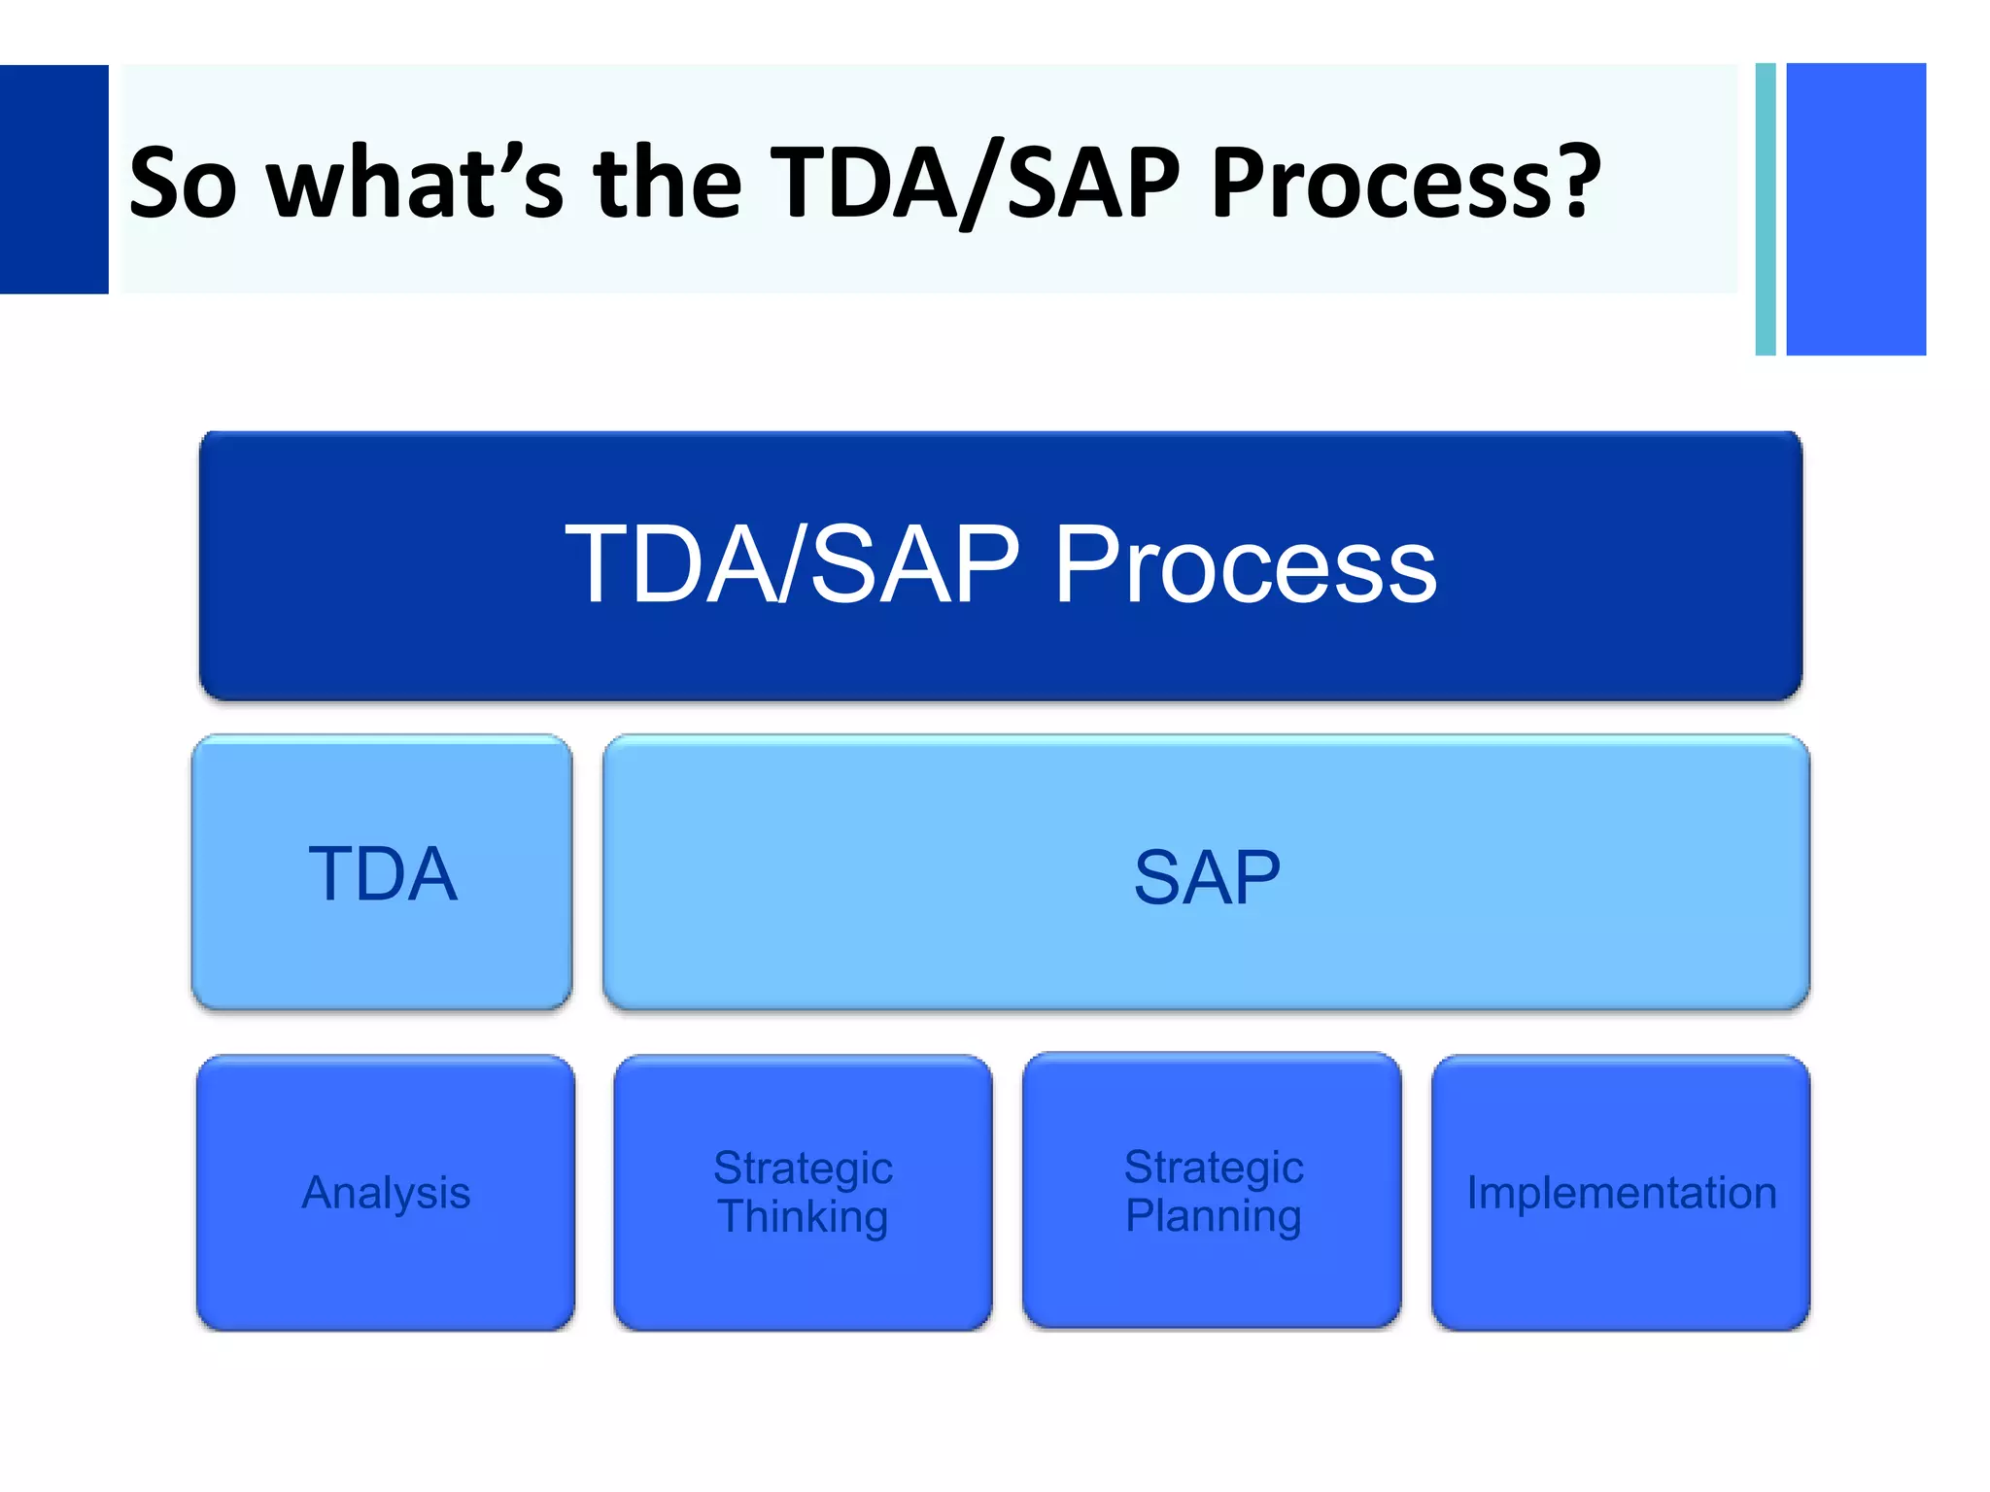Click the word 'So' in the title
pos(183,183)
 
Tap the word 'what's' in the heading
pos(415,183)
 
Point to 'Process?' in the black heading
pos(1405,183)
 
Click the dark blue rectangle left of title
pos(53,180)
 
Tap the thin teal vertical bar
pos(1766,209)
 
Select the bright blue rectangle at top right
pos(1856,209)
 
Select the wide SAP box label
pos(1207,877)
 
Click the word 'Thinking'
pos(803,1216)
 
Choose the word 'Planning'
pos(1213,1215)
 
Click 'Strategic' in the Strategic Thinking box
pos(803,1168)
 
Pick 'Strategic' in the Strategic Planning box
pos(1214,1167)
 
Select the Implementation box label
pos(1621,1192)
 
